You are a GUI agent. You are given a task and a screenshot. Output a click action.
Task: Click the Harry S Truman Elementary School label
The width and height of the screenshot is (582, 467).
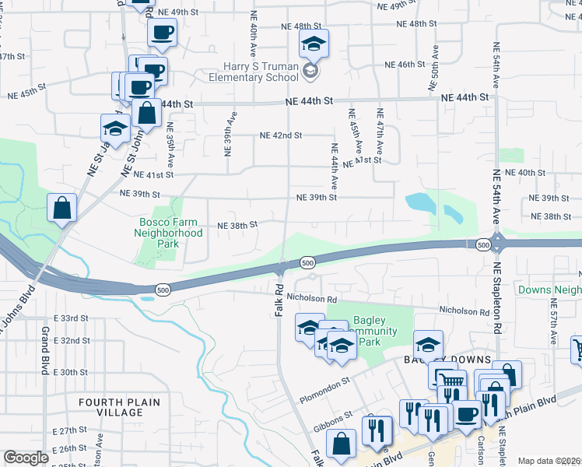[x=254, y=72]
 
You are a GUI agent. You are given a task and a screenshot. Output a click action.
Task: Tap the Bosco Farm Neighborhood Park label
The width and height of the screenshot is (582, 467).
[x=168, y=233]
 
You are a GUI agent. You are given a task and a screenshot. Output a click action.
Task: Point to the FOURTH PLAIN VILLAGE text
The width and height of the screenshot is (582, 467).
[x=119, y=407]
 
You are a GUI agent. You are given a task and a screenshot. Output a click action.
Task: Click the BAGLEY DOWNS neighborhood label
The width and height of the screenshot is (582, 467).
[x=447, y=360]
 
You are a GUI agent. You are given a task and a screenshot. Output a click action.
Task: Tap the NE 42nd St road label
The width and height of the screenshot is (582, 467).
[x=281, y=135]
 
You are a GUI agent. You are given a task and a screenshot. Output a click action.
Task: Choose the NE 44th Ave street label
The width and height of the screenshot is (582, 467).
[x=334, y=167]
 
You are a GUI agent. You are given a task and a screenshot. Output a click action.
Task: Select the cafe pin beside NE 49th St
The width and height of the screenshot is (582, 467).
[x=162, y=32]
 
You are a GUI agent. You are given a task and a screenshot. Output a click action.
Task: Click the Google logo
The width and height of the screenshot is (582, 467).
[x=26, y=458]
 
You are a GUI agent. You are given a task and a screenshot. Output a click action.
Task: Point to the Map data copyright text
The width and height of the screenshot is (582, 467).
[x=549, y=461]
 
